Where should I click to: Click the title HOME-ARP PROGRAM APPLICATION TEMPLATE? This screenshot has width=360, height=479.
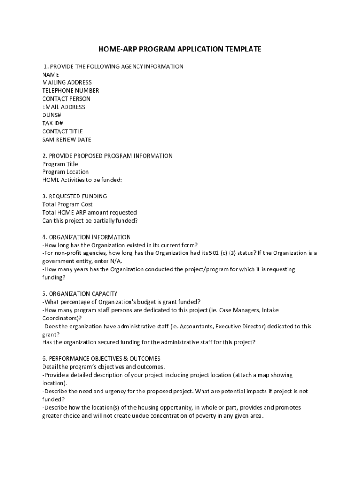[180, 49]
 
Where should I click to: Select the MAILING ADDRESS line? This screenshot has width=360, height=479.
[67, 82]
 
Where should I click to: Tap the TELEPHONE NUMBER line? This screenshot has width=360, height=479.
[71, 90]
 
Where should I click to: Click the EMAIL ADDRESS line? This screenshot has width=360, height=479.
[64, 107]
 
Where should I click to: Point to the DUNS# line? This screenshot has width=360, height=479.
[51, 115]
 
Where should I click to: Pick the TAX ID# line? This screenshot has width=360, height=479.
[52, 123]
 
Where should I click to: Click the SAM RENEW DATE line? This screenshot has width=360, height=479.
[67, 139]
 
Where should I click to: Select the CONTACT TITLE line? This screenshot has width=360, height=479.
[62, 131]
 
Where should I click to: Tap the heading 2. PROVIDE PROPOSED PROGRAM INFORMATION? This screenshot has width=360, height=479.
[108, 156]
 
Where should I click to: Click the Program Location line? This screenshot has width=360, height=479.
[65, 172]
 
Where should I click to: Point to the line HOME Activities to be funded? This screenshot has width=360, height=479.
[82, 180]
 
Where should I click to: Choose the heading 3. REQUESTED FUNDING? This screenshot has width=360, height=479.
[75, 196]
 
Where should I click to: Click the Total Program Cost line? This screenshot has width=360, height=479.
[67, 204]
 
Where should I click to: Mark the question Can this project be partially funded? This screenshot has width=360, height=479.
[90, 221]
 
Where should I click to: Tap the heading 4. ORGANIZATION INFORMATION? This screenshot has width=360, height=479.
[86, 237]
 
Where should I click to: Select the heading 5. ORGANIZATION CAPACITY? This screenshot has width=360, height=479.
[80, 294]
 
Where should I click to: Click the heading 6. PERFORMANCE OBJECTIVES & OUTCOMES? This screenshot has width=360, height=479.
[101, 359]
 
